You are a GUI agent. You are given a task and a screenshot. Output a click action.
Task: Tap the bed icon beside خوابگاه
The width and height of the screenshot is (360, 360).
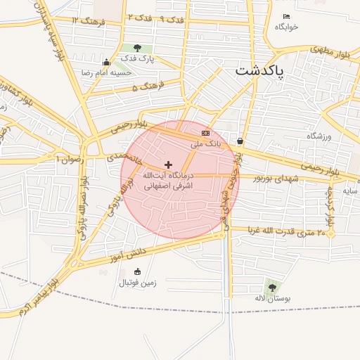coord(285,16)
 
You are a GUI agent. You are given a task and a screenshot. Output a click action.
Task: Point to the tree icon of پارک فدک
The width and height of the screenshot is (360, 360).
coord(137,49)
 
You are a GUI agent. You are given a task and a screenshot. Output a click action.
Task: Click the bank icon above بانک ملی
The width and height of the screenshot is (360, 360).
coord(205,133)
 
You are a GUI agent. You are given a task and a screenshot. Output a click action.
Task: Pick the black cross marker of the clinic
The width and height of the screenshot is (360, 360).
coord(168,164)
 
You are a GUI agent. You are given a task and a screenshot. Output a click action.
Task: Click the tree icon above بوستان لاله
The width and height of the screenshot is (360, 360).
coord(271,287)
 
